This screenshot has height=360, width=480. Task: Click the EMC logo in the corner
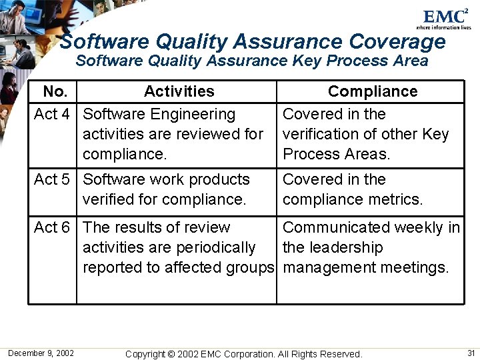pos(445,17)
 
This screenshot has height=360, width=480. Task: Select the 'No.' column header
pos(55,91)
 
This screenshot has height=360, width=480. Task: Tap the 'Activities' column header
pos(179,91)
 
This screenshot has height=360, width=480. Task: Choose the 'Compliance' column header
pos(373,91)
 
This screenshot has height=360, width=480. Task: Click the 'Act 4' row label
pos(52,114)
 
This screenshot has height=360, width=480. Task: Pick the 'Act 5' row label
pos(52,179)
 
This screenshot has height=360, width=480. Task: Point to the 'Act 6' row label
pos(52,227)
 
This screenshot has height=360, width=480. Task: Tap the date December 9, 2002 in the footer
pos(41,353)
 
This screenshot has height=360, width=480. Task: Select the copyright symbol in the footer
pos(171,354)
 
